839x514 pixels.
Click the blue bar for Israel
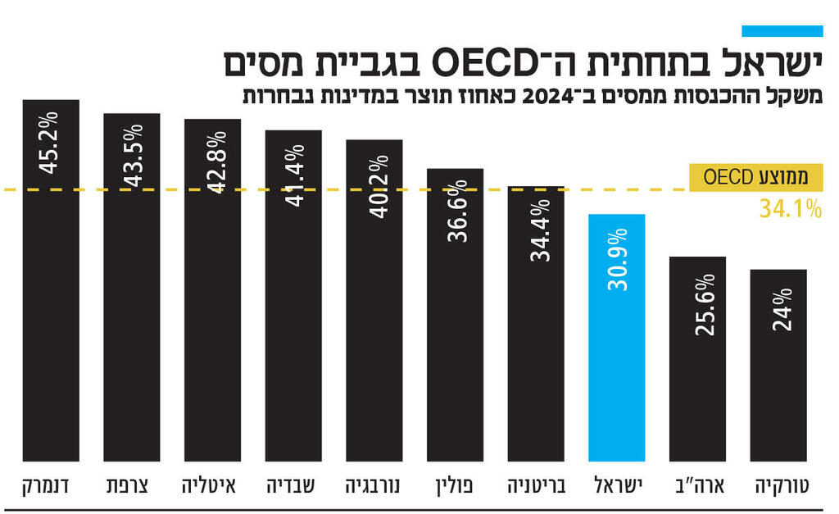617,337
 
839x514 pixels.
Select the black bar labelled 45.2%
51,279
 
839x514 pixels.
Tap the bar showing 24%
778,365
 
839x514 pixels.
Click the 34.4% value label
537,231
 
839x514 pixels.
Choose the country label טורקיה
781,485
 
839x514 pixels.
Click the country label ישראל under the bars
618,485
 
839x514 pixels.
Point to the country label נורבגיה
374,485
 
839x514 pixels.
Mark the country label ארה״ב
697,485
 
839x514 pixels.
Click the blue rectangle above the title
782,31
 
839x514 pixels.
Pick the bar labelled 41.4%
293,295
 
